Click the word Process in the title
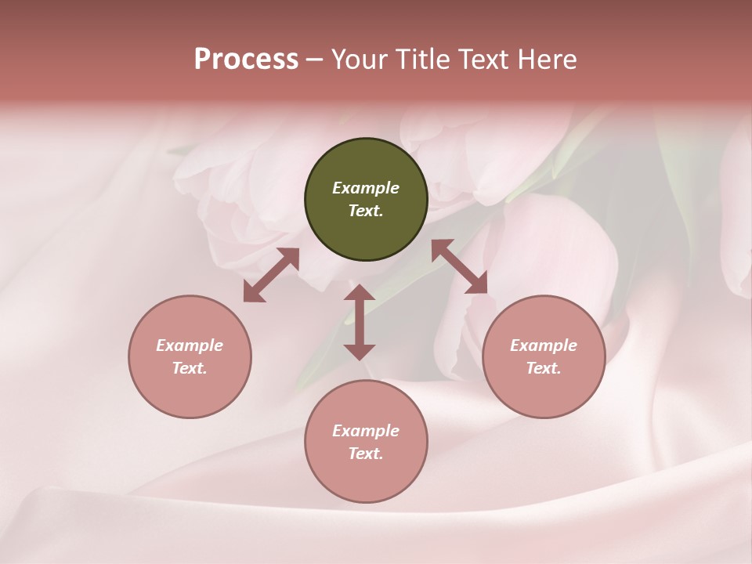tap(246, 60)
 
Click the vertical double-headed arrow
tap(360, 322)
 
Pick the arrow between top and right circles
tap(459, 266)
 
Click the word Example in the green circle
tap(366, 188)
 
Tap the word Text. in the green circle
tap(366, 211)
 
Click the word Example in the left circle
tap(190, 345)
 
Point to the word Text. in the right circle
tap(544, 368)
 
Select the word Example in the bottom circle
tap(366, 431)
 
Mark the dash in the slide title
tap(315, 60)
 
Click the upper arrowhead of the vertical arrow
tap(360, 293)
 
